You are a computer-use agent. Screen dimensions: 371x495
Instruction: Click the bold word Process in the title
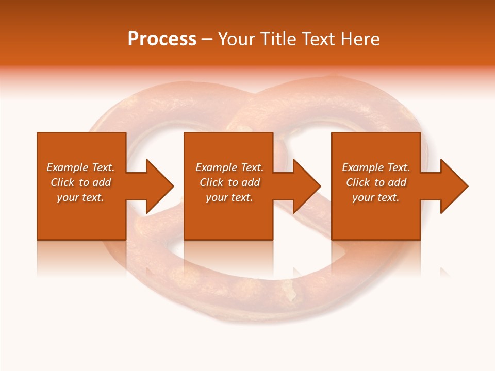point(162,39)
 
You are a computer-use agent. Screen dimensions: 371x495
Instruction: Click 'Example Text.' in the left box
point(80,167)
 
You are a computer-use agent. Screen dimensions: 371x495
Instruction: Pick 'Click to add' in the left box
point(80,182)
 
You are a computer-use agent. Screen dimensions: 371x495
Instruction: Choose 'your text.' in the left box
point(80,197)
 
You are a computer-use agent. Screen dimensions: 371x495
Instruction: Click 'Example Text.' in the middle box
point(229,167)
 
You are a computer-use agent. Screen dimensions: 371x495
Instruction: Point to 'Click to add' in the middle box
point(229,182)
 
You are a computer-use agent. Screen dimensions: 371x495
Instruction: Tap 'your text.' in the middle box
point(229,197)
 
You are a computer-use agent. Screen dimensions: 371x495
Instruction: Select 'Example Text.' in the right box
point(376,167)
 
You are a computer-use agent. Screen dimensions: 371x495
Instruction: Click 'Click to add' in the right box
point(376,182)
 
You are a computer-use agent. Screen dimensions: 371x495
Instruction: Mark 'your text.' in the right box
point(376,197)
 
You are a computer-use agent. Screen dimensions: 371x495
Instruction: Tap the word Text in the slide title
point(317,39)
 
